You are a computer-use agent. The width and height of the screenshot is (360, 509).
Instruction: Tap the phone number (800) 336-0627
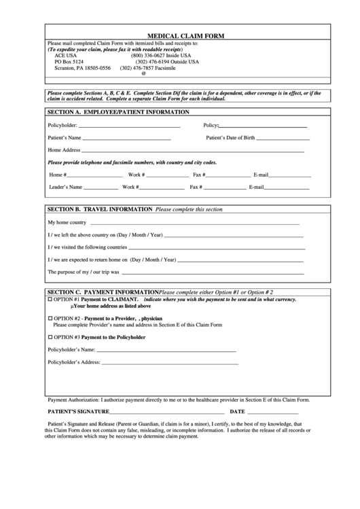pos(160,55)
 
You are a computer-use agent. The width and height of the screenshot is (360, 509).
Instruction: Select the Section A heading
pos(118,111)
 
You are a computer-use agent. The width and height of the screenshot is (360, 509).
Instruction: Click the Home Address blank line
pos(193,152)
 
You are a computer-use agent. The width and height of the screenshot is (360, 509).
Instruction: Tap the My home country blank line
pos(194,224)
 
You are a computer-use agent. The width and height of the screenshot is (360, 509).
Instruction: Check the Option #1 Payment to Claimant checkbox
pos(50,300)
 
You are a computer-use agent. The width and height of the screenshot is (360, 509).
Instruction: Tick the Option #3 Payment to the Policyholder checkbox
pos(50,337)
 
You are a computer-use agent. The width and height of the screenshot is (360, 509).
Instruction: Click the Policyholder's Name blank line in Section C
pos(166,351)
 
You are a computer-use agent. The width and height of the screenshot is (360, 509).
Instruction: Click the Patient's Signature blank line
pos(167,413)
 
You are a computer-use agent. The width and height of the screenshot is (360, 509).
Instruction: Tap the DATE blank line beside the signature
pos(273,413)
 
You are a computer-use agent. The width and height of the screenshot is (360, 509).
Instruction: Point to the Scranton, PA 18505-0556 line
pos(82,68)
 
